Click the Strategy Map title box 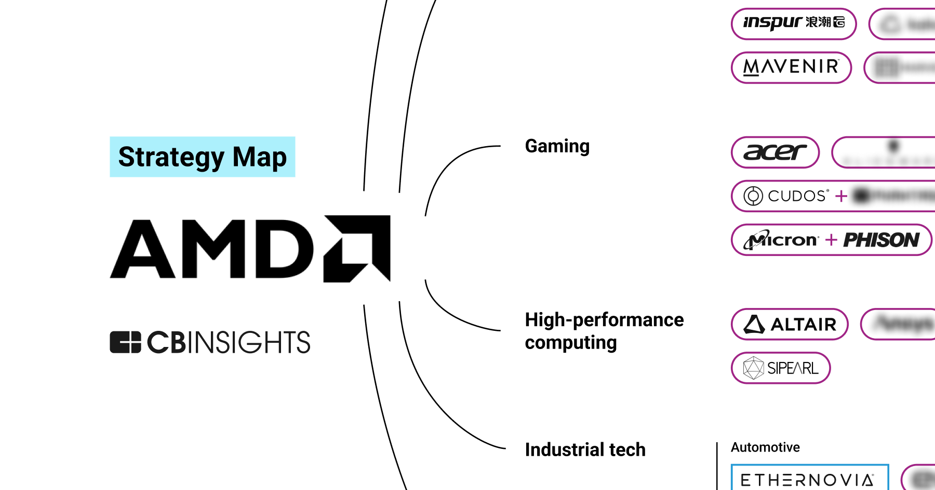[x=202, y=157]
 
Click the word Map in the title [x=259, y=157]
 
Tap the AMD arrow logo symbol [x=357, y=249]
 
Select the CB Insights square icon [x=125, y=342]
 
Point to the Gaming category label [x=557, y=146]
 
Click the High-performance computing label [x=604, y=331]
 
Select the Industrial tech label [x=585, y=449]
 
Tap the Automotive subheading [x=765, y=447]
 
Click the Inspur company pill [x=793, y=23]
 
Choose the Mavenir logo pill [x=791, y=67]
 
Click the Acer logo [x=774, y=152]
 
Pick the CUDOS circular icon [x=753, y=196]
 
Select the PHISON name [x=881, y=240]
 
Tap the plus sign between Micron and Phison [x=831, y=240]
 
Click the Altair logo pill [x=790, y=324]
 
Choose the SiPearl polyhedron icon [x=753, y=368]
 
